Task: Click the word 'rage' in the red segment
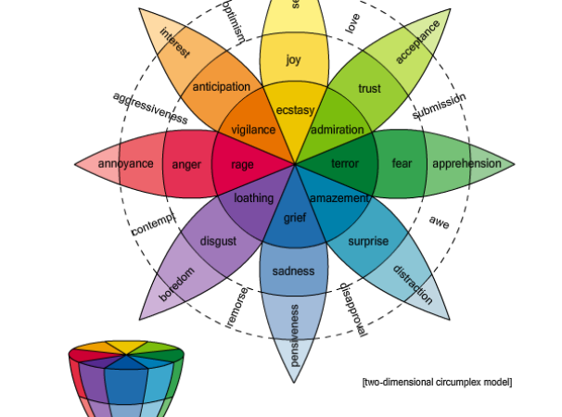(242, 165)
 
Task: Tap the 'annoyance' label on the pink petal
(125, 165)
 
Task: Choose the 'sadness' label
(294, 272)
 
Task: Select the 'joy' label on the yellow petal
(294, 60)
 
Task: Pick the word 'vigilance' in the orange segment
(253, 130)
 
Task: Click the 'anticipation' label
(222, 87)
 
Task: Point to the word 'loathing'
(253, 198)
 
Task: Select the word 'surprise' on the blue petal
(368, 242)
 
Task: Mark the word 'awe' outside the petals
(440, 221)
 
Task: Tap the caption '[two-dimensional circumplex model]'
(436, 382)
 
